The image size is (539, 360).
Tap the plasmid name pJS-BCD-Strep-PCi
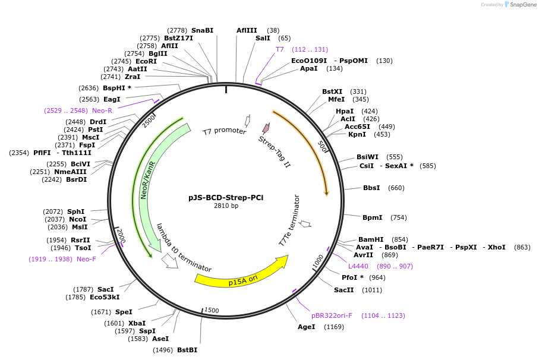(226, 197)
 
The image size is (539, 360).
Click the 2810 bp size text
(226, 206)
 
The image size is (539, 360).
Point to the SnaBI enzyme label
(202, 30)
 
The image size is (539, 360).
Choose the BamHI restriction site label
(371, 239)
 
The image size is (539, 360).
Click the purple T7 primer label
(279, 49)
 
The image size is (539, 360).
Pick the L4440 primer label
(358, 266)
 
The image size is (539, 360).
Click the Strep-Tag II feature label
(275, 151)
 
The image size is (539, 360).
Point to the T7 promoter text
(224, 131)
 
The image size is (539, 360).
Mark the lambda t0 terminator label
(184, 247)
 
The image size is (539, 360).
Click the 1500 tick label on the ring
(212, 310)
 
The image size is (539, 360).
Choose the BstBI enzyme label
(187, 350)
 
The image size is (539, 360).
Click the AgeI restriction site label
(308, 327)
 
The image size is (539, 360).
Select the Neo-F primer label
(86, 259)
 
